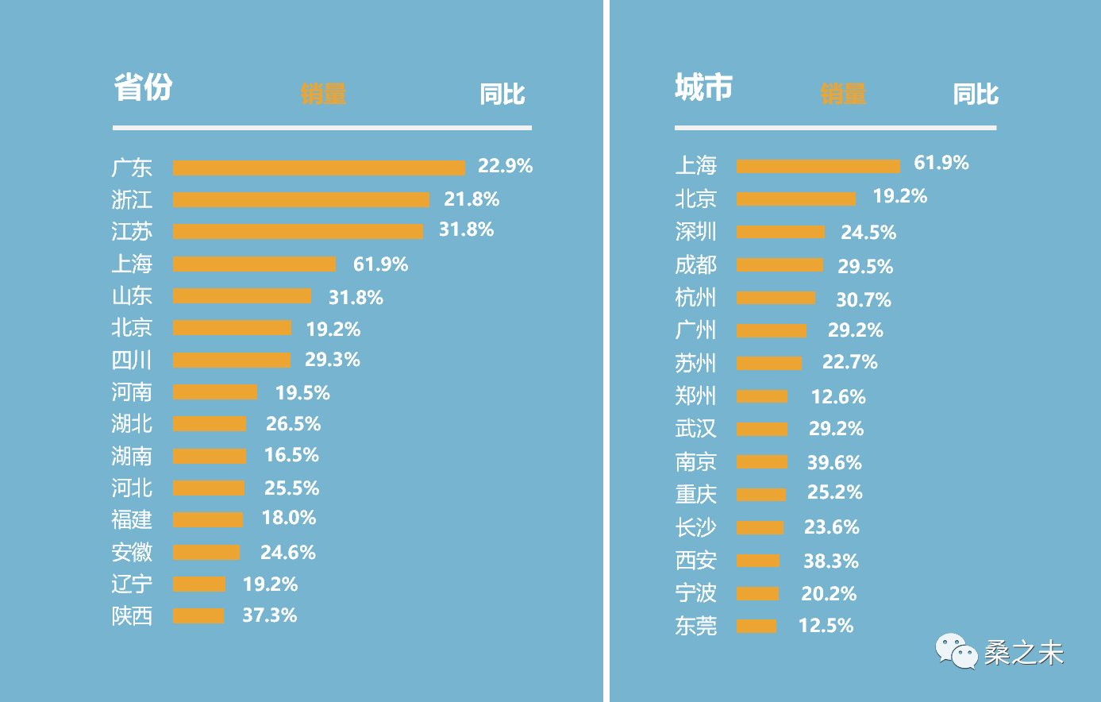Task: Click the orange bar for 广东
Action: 318,168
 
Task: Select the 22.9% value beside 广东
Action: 505,166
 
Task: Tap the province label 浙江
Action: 132,199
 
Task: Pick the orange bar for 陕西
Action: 198,615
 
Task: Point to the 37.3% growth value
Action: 269,615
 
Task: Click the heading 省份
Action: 143,87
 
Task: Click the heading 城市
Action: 703,87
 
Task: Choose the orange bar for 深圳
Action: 780,232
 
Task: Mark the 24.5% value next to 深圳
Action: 868,233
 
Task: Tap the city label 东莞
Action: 695,626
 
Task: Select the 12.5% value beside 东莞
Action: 826,626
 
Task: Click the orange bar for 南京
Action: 761,462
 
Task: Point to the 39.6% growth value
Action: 834,463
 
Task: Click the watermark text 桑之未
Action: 1023,653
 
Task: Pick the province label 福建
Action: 132,519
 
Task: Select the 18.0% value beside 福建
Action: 289,518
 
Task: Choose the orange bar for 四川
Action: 232,361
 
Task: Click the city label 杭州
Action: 695,298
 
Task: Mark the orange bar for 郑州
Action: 761,396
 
